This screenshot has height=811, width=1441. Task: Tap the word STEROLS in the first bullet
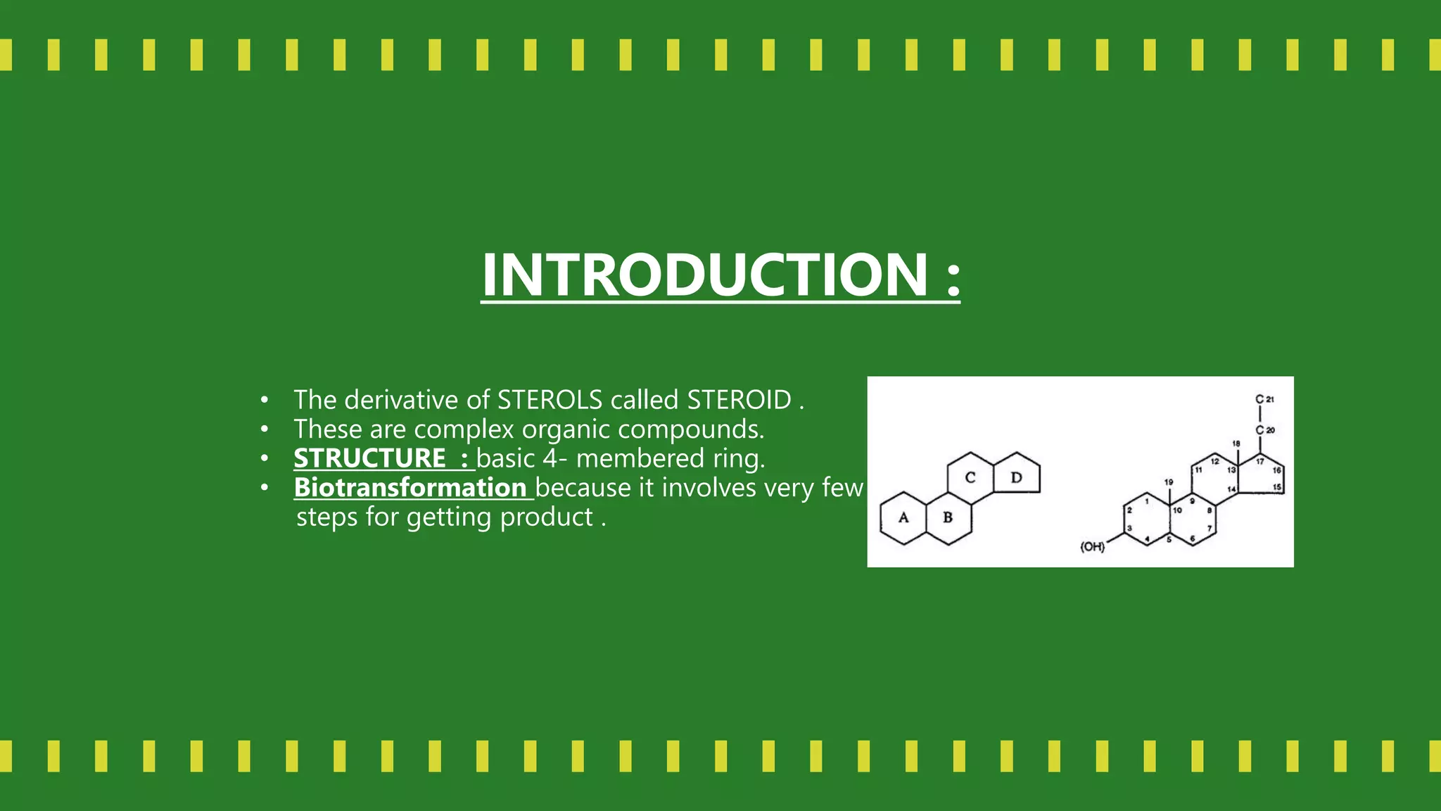pos(550,400)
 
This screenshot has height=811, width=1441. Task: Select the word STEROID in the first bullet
pos(739,400)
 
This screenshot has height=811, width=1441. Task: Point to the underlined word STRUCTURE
pos(369,458)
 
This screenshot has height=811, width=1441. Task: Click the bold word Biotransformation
pos(410,488)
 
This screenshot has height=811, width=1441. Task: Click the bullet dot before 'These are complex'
pos(264,429)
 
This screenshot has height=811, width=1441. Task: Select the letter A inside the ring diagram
pos(903,518)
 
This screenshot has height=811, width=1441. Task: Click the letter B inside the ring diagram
pos(948,518)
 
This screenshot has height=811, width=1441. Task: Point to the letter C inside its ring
pos(970,478)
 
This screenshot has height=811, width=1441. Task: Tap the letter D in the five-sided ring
pos(1016,478)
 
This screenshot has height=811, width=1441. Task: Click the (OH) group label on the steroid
pos(1092,547)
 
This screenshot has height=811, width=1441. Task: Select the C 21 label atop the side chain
pos(1264,399)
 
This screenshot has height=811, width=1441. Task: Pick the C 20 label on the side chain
pos(1264,429)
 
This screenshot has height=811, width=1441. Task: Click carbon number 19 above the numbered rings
pos(1169,482)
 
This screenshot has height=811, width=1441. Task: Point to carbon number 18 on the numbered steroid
pos(1236,444)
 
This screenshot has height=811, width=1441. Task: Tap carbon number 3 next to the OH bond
pos(1130,528)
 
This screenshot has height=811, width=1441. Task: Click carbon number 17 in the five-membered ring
pos(1259,462)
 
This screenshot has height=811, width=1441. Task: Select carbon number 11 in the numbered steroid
pos(1198,470)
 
